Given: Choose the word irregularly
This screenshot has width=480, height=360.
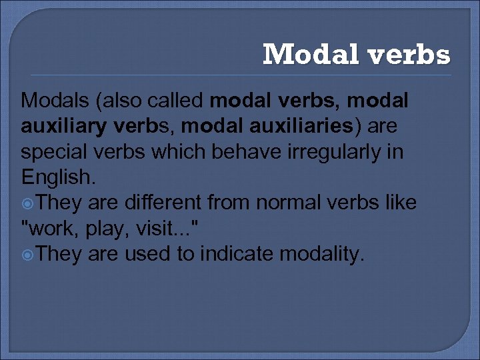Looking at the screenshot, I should coord(333,153).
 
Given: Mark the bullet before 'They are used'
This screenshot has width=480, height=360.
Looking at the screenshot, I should coord(27,254).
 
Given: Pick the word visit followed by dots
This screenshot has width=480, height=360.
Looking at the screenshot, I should coord(161,228).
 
